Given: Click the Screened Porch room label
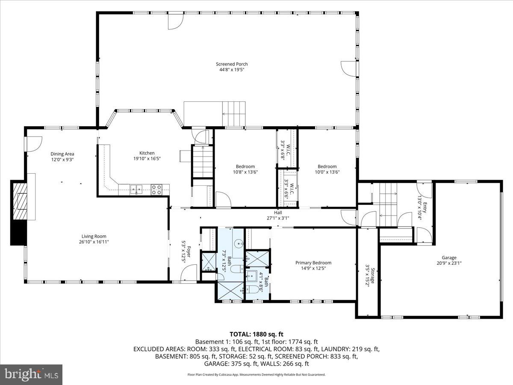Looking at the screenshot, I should pos(231,64).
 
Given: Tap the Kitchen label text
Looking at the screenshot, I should pos(147,153).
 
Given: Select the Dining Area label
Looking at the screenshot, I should pos(62,154).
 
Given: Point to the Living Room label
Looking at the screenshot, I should pos(94,236).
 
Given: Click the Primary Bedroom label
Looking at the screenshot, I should pos(313,263).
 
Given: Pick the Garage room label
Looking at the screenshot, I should pos(449,258).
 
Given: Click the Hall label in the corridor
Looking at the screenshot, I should pos(278,213).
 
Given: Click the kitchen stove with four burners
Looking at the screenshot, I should pos(156,190).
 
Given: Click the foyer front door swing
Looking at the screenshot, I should pos(189,273).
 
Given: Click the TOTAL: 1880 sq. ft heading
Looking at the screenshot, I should pos(256,334).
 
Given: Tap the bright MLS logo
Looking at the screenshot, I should pos(31,375).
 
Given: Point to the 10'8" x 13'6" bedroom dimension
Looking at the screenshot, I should pos(245,172).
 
